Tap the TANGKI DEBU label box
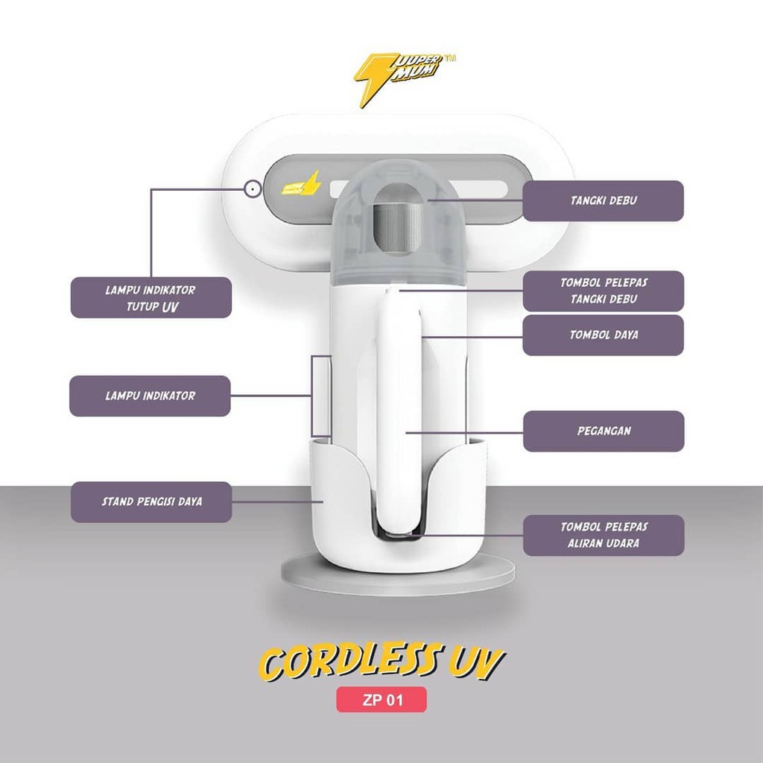point(603,200)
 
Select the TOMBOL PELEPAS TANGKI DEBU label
point(603,291)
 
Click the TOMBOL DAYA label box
point(603,335)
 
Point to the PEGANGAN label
point(603,431)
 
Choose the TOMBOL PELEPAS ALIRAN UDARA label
point(603,535)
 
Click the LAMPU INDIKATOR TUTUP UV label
point(151,297)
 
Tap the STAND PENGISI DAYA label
point(151,501)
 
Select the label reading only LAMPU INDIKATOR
point(150,396)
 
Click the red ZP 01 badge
point(381,700)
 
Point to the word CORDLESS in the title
point(343,664)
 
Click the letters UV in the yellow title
point(476,662)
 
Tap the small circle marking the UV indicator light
point(253,189)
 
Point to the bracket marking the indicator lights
point(322,396)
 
